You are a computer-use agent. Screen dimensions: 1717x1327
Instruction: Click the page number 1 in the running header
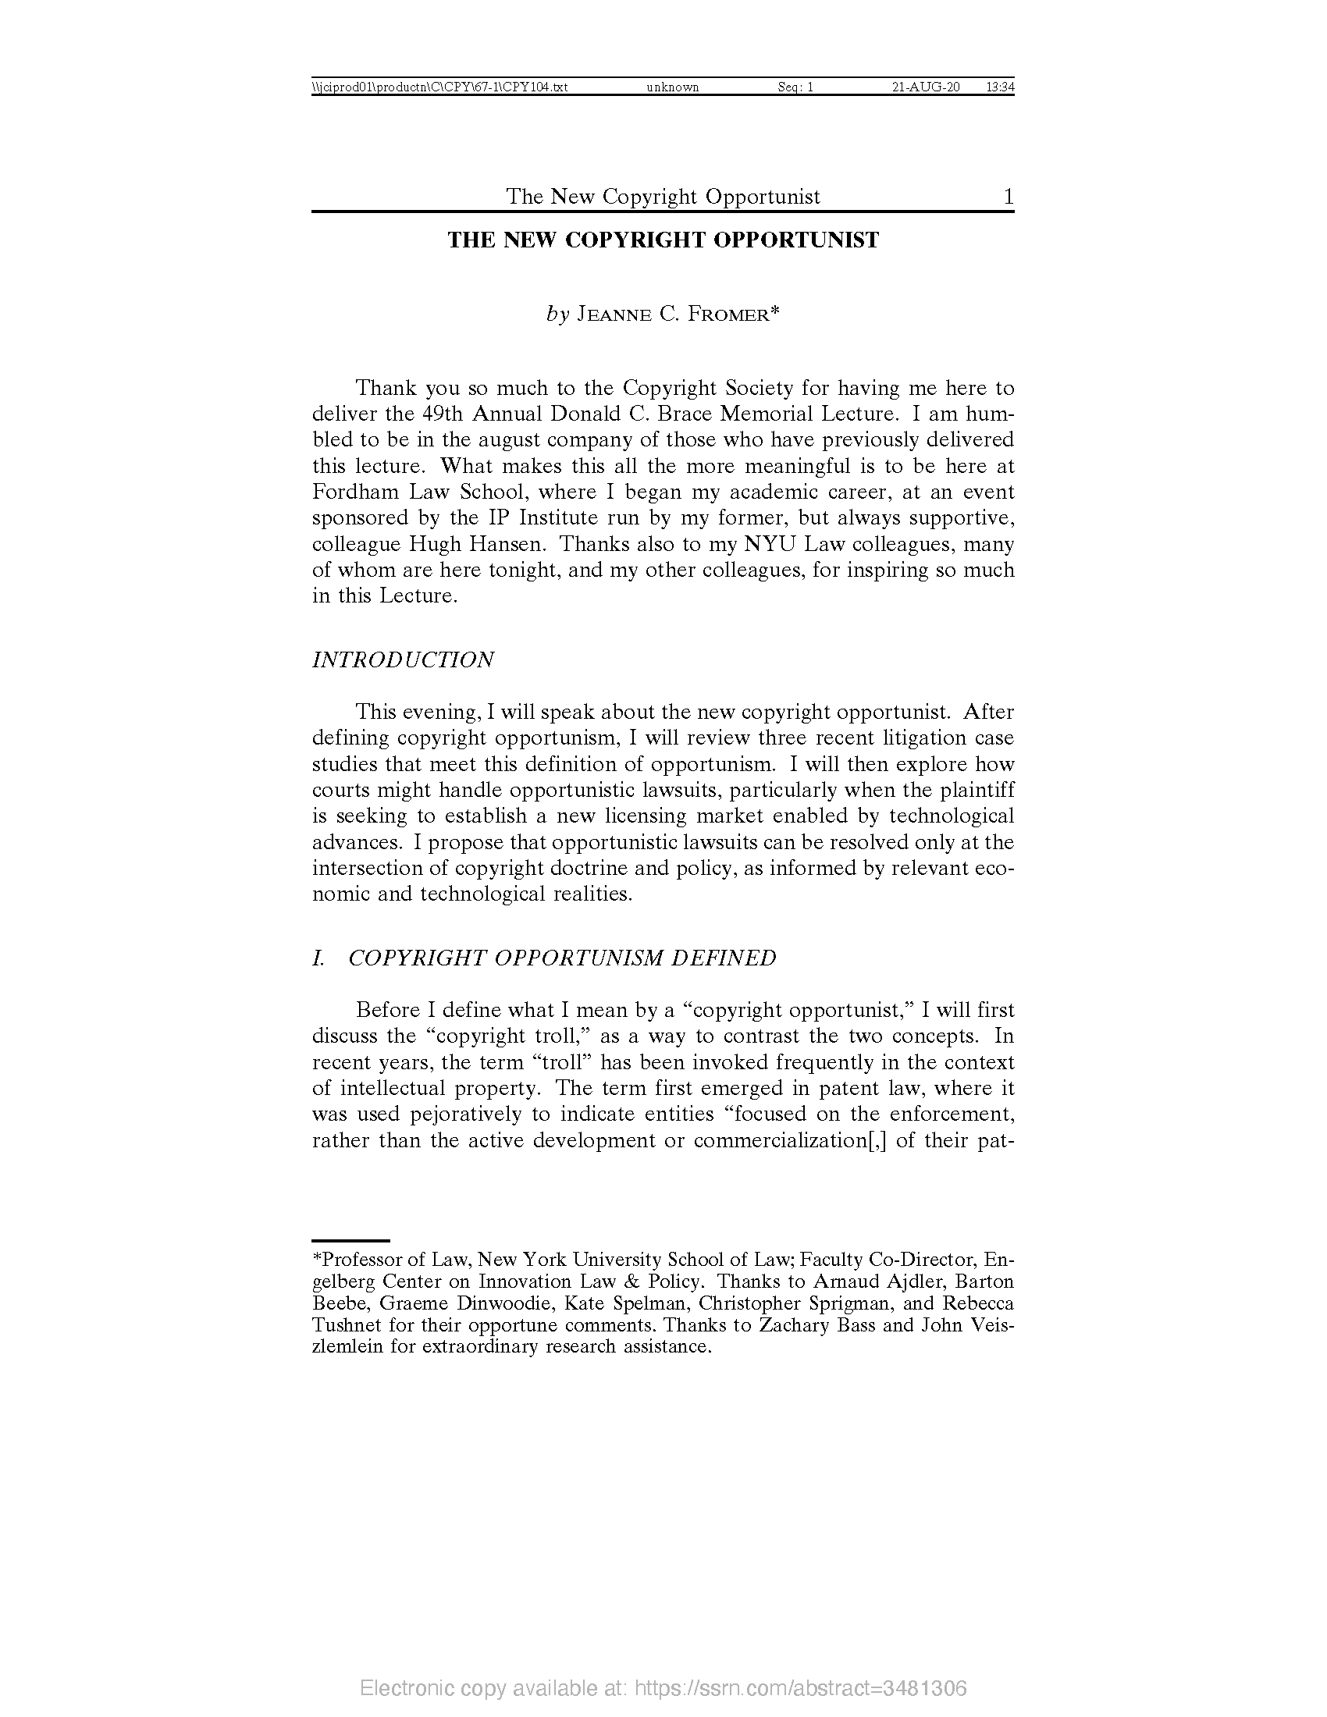pyautogui.click(x=1008, y=196)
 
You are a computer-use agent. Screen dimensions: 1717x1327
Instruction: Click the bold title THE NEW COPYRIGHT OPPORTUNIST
pyautogui.click(x=663, y=240)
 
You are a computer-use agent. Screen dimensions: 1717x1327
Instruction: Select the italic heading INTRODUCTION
pyautogui.click(x=403, y=659)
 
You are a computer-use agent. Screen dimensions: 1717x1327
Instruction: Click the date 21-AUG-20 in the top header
pyautogui.click(x=925, y=87)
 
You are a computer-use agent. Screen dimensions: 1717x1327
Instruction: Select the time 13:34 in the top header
pyautogui.click(x=999, y=87)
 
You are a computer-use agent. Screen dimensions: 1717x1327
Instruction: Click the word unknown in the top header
pyautogui.click(x=672, y=87)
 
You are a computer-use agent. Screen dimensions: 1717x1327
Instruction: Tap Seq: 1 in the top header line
pyautogui.click(x=795, y=87)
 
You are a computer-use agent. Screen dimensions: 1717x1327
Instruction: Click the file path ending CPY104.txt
pyautogui.click(x=439, y=87)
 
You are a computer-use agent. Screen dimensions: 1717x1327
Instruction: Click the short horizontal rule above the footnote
pyautogui.click(x=350, y=1240)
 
